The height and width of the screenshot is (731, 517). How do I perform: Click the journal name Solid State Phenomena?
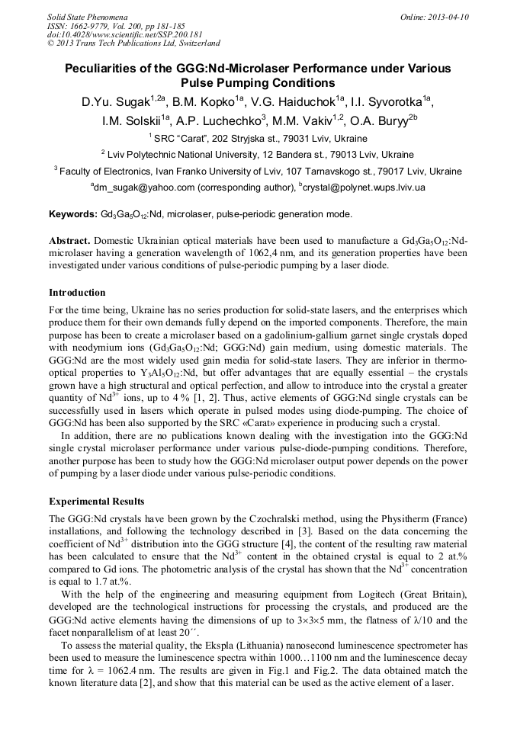[x=86, y=16]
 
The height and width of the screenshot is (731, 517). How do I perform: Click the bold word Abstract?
[x=69, y=241]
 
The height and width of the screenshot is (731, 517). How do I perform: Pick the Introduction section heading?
[x=77, y=293]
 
